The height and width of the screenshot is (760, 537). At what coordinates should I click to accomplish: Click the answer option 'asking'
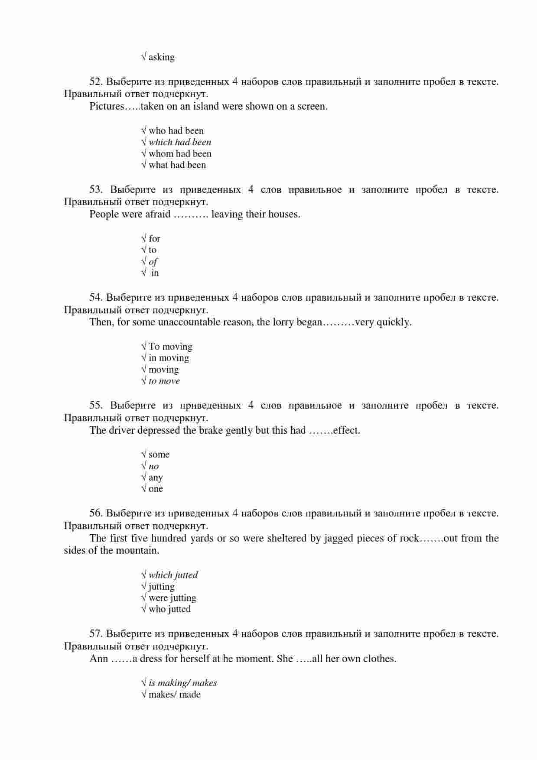161,57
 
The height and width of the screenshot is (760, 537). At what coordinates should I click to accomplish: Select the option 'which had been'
179,142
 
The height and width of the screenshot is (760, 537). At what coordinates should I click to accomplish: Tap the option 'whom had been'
180,154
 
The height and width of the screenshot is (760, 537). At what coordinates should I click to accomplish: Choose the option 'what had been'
177,165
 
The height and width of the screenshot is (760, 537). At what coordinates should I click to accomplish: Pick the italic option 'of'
153,262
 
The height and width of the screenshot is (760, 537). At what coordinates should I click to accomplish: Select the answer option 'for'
154,239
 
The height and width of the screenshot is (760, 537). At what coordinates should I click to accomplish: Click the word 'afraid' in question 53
157,214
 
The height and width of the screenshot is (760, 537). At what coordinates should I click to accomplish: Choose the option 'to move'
164,381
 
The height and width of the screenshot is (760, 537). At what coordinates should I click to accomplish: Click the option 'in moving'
169,358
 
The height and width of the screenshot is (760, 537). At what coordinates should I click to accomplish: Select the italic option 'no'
153,466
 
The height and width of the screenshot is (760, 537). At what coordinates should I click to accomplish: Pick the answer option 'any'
155,477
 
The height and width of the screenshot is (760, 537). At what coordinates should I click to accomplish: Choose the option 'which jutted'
173,575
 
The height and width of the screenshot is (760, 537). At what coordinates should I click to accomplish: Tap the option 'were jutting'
172,598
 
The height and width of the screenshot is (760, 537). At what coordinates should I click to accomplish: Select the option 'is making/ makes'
182,683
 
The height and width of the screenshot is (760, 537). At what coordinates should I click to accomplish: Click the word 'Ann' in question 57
99,659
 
